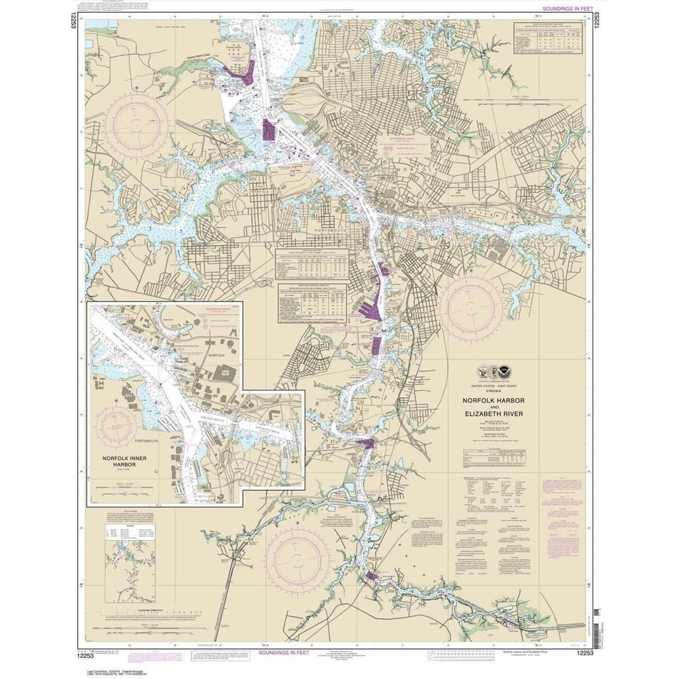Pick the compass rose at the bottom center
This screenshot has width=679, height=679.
297,559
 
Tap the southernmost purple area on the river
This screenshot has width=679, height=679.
370,576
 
